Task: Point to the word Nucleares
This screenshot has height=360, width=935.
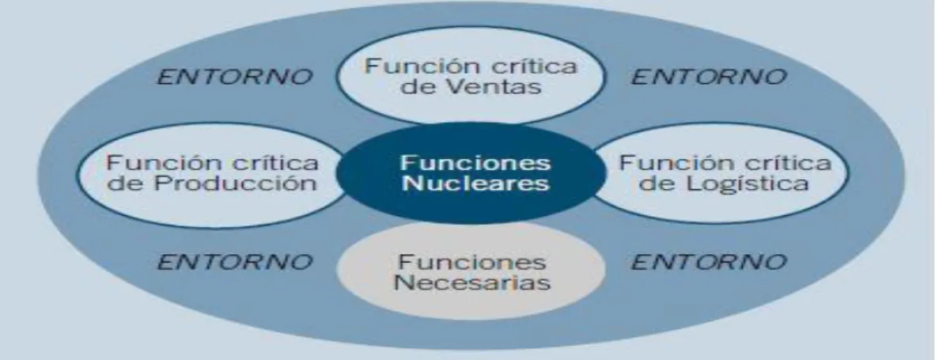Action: click(x=476, y=183)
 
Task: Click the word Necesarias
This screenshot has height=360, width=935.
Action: click(x=472, y=282)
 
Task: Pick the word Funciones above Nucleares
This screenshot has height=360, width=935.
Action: click(x=476, y=163)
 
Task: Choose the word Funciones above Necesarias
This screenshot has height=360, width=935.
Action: click(x=471, y=262)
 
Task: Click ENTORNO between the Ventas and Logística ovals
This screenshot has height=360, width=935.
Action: click(x=709, y=77)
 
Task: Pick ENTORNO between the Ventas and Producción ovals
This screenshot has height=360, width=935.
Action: click(x=235, y=77)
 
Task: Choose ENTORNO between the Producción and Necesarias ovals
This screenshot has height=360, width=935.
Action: click(x=235, y=262)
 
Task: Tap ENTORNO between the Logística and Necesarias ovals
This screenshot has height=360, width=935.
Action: click(x=709, y=262)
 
